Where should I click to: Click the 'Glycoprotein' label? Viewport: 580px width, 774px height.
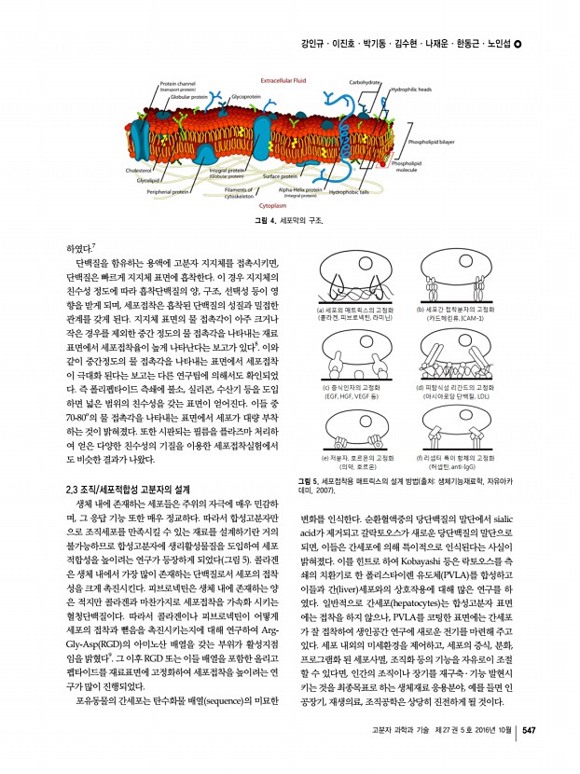tap(244, 96)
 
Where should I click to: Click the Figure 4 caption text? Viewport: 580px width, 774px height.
tap(290, 220)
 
